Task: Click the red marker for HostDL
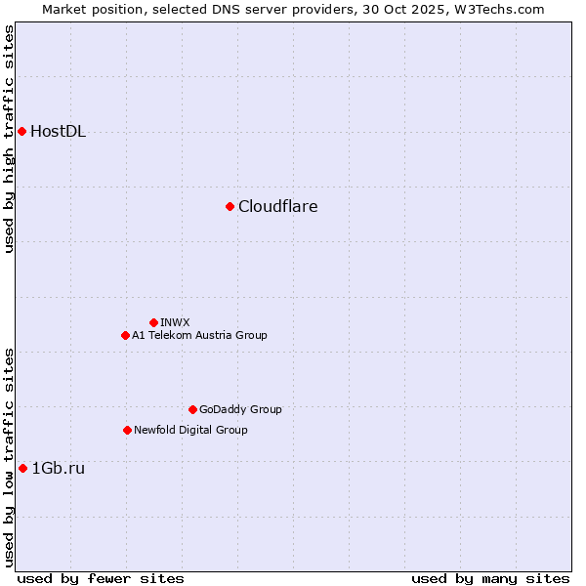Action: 21,131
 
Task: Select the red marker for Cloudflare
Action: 230,206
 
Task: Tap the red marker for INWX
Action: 153,322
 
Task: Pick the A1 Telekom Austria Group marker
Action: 125,335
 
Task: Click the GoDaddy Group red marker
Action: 192,409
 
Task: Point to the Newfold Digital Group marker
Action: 127,430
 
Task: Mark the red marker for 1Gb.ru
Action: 22,468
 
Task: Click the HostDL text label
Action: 58,132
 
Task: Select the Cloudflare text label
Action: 277,207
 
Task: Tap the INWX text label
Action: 175,322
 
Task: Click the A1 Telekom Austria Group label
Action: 199,335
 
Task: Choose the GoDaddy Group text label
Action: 239,409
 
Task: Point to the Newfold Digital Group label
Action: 190,430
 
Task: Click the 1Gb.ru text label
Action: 58,469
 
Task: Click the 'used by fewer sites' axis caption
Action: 101,578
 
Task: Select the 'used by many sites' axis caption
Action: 490,578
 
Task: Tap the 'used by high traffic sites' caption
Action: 9,139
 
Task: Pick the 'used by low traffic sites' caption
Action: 9,457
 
